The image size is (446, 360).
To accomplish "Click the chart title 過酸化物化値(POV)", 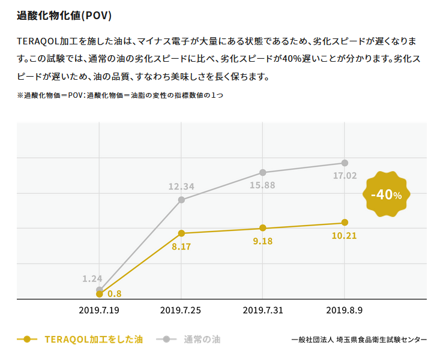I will click(x=64, y=15).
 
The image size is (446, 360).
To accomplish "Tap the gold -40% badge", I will click(x=386, y=194).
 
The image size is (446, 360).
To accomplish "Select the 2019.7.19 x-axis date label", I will click(x=99, y=310).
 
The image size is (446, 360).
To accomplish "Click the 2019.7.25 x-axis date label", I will click(x=181, y=310).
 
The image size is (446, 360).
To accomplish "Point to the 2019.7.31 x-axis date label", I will click(x=263, y=310).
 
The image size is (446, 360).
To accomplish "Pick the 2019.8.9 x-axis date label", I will click(x=345, y=310).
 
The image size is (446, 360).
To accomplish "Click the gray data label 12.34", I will click(x=181, y=187).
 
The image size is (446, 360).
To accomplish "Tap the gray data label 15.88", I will click(x=262, y=185).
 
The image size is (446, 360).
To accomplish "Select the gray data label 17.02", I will click(x=345, y=176).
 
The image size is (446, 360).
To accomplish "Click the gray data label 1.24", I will click(x=92, y=278).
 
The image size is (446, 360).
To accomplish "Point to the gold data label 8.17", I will click(x=181, y=247).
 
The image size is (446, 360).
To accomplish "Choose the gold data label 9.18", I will click(x=262, y=241).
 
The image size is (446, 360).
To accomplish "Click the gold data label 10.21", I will click(x=345, y=236).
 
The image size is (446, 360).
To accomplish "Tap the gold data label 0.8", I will click(x=115, y=294).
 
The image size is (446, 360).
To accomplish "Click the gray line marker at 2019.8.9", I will click(x=345, y=163).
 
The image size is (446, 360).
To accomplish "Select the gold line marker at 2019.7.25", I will click(x=181, y=233).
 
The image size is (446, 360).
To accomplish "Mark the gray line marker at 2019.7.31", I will click(x=263, y=173).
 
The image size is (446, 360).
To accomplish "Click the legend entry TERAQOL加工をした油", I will click(x=94, y=340).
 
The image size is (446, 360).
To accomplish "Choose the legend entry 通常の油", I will click(x=202, y=340).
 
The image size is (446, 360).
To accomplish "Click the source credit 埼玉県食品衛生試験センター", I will click(x=381, y=340).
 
